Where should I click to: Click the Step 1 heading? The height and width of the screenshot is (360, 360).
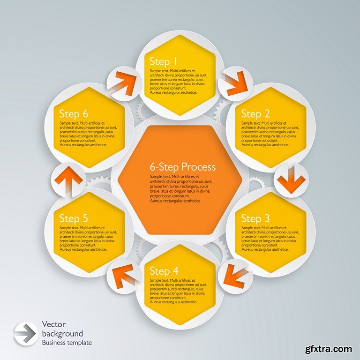coord(164,62)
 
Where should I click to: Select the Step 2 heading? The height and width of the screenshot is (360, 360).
coord(255,114)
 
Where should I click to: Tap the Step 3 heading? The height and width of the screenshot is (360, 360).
coord(255,218)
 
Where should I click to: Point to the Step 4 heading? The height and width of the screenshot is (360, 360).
coord(164,271)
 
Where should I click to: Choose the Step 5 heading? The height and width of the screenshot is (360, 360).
coord(74,218)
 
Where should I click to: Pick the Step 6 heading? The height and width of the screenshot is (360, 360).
coord(74,114)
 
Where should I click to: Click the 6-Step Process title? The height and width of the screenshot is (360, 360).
coord(183,167)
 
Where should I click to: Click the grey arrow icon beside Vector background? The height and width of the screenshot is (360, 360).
coord(25,333)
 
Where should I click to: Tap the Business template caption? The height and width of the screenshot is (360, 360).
coord(67,343)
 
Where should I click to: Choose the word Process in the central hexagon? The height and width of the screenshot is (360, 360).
coord(199,167)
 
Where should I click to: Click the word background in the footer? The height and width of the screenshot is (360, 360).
coord(62,334)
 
